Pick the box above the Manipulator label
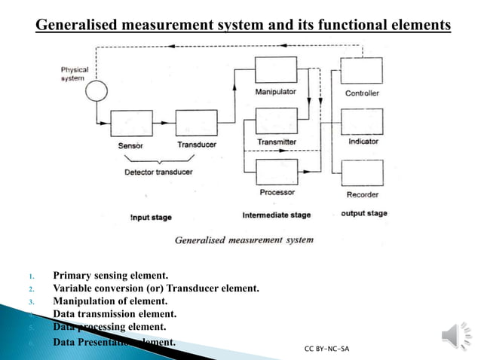point(276,71)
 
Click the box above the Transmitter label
point(276,121)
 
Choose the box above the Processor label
point(276,172)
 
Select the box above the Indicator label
point(362,121)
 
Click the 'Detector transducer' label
point(158,172)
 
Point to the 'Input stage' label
point(150,218)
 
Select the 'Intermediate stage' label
point(276,215)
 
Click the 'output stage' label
point(364,214)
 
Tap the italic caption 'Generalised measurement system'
point(244,240)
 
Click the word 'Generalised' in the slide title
point(82,26)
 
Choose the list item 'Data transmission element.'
point(115,314)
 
